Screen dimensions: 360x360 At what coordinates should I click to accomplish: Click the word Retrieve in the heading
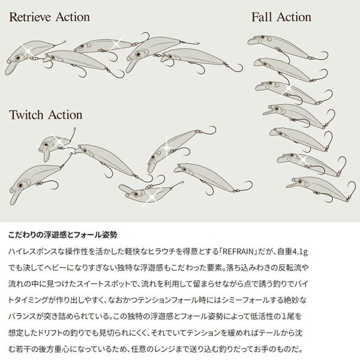31,17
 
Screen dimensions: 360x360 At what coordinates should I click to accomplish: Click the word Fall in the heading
262,17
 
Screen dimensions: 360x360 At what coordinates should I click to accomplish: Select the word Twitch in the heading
26,115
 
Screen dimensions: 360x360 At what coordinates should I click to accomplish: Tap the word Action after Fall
294,17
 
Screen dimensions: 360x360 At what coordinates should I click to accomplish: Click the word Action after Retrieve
73,17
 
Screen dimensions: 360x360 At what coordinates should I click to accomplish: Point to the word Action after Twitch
65,115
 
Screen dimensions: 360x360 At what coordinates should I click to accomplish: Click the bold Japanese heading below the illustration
63,235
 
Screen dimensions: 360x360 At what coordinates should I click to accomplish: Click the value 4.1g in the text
299,252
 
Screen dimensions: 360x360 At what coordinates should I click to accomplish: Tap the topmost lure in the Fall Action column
287,47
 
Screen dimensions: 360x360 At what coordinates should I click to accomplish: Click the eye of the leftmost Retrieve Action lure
17,57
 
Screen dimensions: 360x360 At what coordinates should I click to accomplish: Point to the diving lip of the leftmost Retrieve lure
11,68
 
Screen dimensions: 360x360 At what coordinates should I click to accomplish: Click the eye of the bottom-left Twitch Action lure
20,185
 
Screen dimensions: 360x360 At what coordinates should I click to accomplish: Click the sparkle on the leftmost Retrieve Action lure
27,49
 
